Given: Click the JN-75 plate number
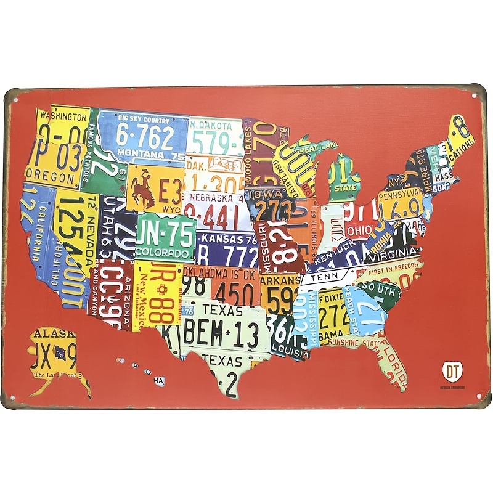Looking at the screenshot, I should coord(165,235).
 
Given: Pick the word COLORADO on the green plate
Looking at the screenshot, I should coord(163,253).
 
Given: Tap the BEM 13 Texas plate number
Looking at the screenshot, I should coord(219,333).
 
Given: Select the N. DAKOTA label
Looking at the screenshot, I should coord(211,126).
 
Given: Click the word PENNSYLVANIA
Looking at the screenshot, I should coord(401,195).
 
